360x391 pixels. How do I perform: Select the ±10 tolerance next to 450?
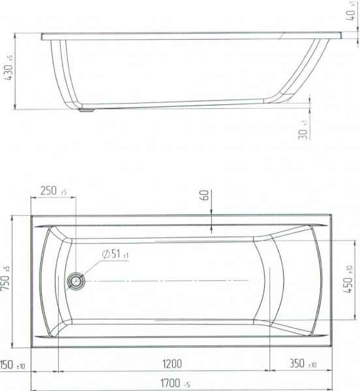click(350, 265)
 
